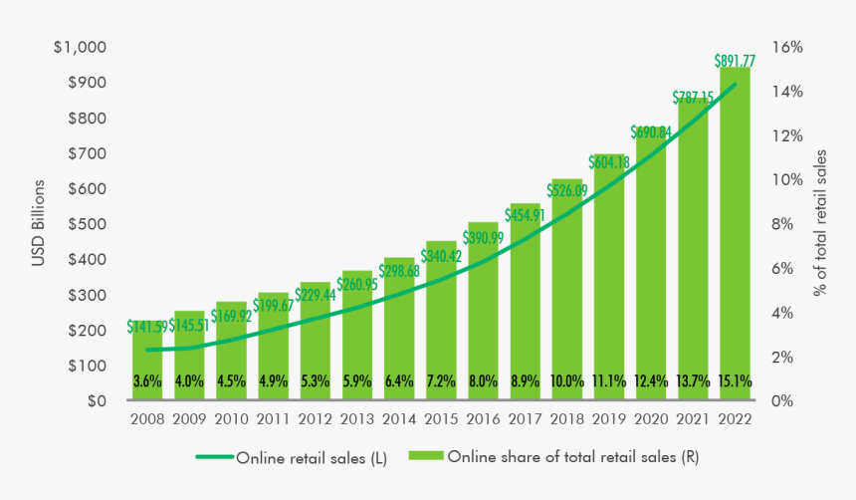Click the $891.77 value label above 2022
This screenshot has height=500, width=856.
coord(735,61)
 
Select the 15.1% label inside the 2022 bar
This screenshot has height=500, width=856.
coord(735,380)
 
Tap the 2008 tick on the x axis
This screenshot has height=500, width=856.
coord(146,420)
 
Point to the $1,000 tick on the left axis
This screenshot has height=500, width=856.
coord(83,48)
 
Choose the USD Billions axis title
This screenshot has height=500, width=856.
coord(39,224)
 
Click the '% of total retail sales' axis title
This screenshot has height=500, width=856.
coord(821,224)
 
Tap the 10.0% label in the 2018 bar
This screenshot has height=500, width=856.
coord(566,380)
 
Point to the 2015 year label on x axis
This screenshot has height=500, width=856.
coord(441,420)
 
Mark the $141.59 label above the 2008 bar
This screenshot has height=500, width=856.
coord(147,326)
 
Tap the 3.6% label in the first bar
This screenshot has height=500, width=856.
coord(146,380)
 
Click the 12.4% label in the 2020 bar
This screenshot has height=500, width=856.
coord(651,380)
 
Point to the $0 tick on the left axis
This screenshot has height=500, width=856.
coord(98,401)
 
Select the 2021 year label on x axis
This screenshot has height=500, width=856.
coord(693,420)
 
